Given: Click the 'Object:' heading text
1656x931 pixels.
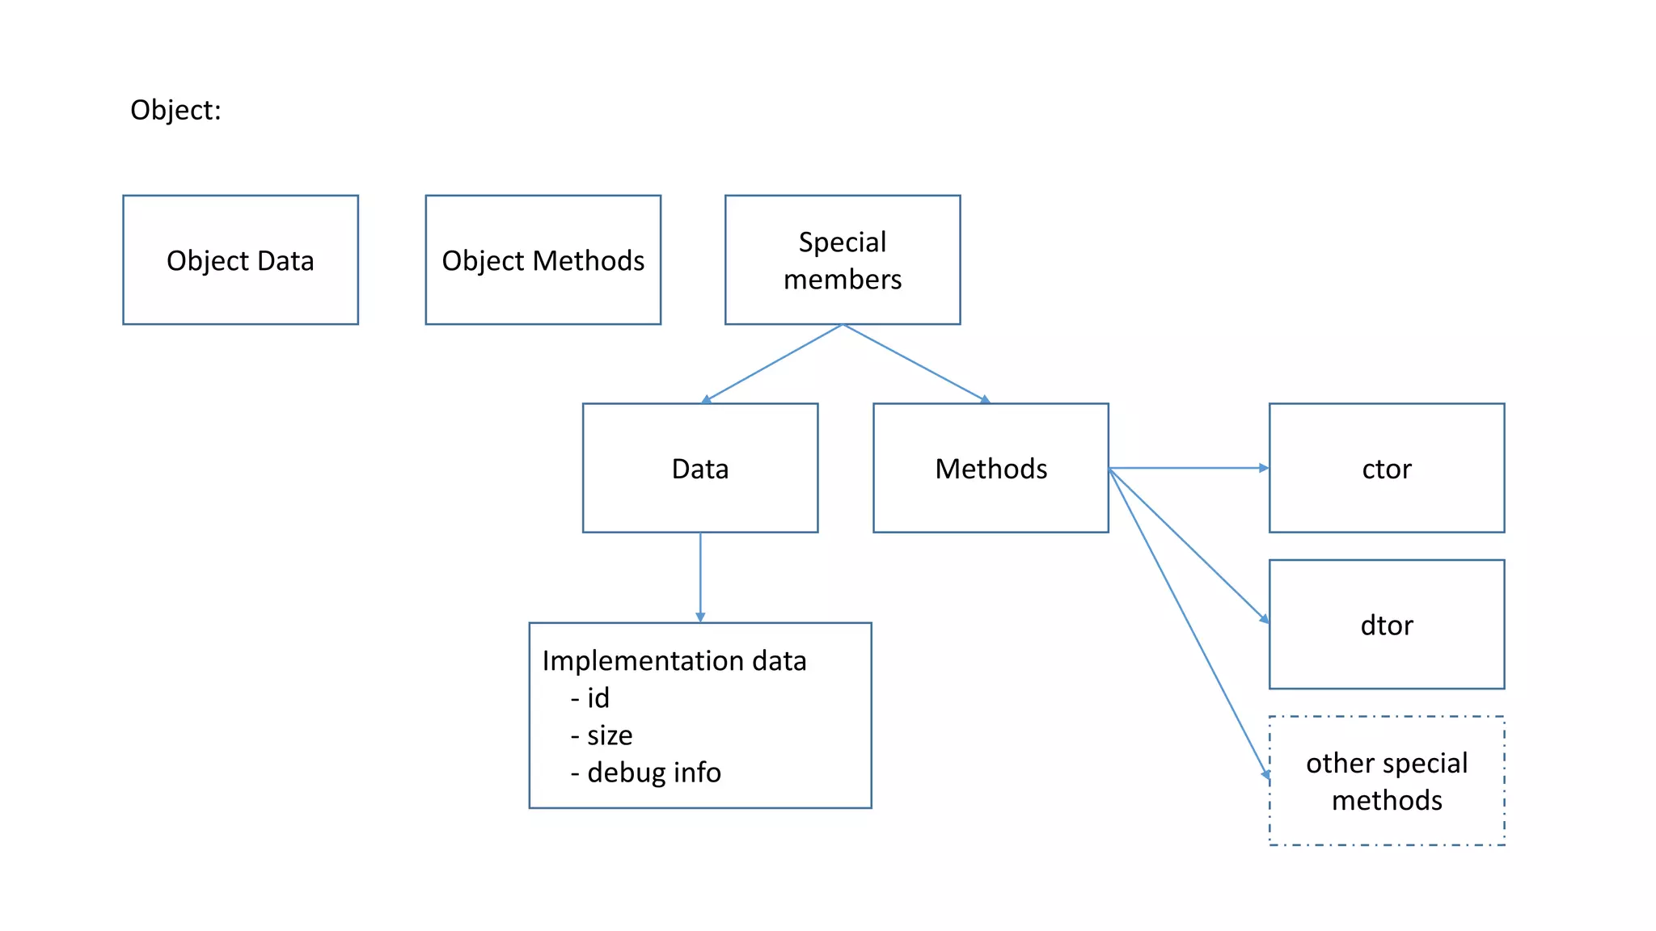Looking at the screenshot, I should tap(175, 110).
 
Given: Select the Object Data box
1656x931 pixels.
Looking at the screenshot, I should tap(240, 260).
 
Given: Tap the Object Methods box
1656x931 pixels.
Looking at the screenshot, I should tap(543, 260).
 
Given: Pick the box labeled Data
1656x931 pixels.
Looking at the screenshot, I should tap(699, 469).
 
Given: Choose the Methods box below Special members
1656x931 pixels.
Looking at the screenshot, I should tap(991, 469).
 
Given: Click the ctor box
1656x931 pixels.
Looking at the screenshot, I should tap(1386, 469).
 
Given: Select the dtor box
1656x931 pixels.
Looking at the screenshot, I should tap(1386, 625).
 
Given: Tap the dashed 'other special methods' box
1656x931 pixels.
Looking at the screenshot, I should tap(1386, 781).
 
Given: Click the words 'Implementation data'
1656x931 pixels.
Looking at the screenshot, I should tap(674, 661).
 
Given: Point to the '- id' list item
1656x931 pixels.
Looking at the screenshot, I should tap(590, 698).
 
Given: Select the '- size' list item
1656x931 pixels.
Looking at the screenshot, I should tap(602, 735).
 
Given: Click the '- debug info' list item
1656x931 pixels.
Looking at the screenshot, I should tap(645, 773).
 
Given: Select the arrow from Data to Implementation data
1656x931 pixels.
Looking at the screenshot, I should tap(700, 577).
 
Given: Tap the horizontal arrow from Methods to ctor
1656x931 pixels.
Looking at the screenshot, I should tap(1189, 468).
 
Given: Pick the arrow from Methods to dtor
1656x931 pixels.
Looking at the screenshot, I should tap(1189, 546).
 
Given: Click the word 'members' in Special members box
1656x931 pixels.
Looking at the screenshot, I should tap(843, 280).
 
